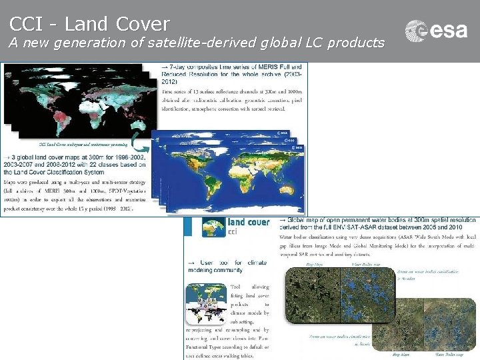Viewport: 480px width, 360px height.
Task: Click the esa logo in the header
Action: tap(436, 30)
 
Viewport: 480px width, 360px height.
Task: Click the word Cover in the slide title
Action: tap(143, 24)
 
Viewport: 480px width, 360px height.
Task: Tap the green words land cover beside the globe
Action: tap(248, 222)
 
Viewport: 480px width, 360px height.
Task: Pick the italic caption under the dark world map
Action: tap(73, 144)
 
